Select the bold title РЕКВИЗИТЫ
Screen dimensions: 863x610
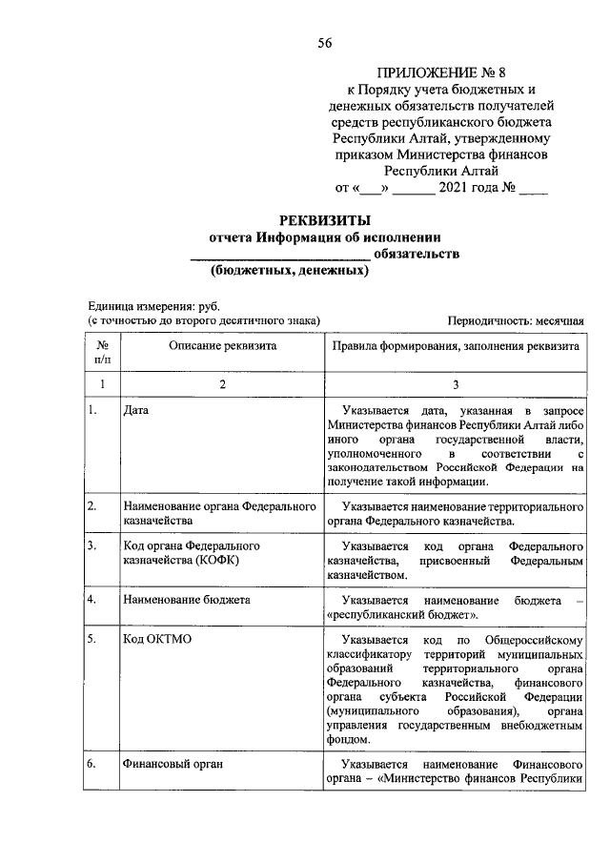coord(323,221)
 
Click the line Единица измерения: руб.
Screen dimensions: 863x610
coord(153,307)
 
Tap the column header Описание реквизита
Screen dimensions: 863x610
coord(223,346)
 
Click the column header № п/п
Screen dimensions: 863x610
coord(102,353)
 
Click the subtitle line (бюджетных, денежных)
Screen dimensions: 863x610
coord(290,271)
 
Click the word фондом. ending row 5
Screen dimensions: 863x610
coord(345,740)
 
